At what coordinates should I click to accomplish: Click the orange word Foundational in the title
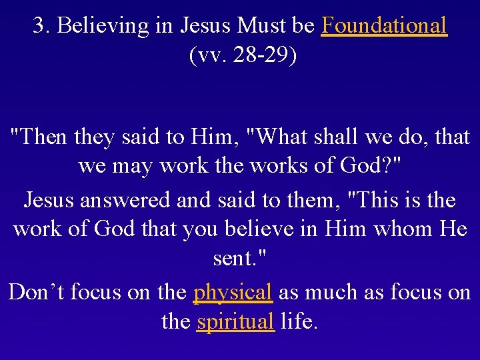[383, 26]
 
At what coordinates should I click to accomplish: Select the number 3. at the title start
[42, 26]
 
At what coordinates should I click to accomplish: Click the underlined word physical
[233, 292]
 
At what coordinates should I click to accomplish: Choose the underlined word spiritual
[236, 322]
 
